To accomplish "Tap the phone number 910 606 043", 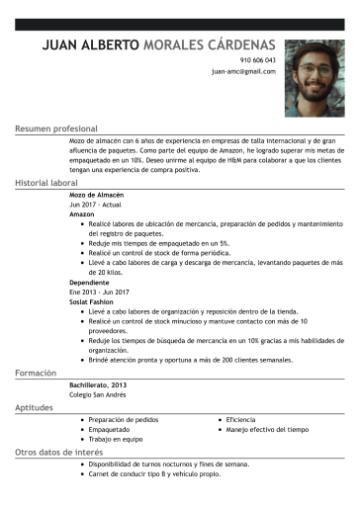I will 256,61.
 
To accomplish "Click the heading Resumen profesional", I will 56,129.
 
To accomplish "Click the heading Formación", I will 38,374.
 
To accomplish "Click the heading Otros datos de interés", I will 55,453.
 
